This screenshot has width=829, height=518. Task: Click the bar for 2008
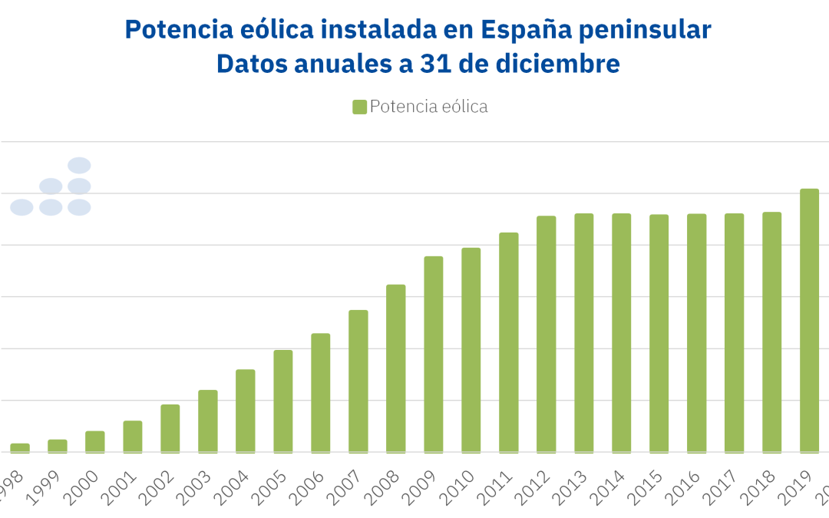(395, 368)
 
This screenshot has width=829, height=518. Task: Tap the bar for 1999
(57, 446)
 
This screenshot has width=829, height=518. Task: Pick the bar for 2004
(245, 411)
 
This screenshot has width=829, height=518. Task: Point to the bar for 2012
(546, 335)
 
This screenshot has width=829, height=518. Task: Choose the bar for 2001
(132, 437)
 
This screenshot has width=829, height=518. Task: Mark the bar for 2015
(659, 334)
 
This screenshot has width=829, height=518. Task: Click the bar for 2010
(471, 350)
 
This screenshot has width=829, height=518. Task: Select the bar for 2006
(320, 393)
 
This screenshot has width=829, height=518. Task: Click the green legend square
(359, 107)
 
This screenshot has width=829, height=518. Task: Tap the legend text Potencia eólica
(428, 107)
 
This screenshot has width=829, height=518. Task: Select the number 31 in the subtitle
(436, 64)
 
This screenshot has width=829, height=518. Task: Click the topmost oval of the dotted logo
(79, 165)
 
